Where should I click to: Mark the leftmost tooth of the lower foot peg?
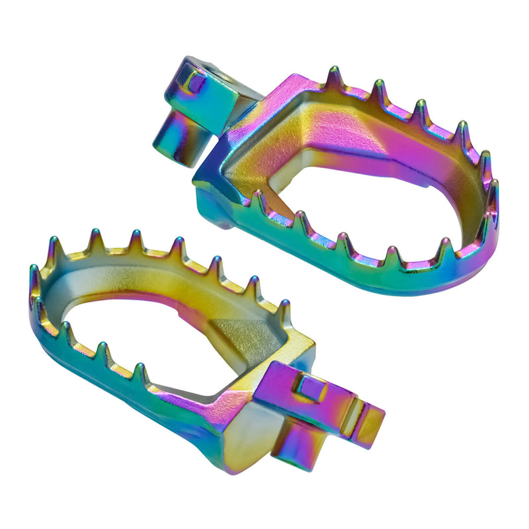34,278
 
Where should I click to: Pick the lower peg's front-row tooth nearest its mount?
140,374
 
